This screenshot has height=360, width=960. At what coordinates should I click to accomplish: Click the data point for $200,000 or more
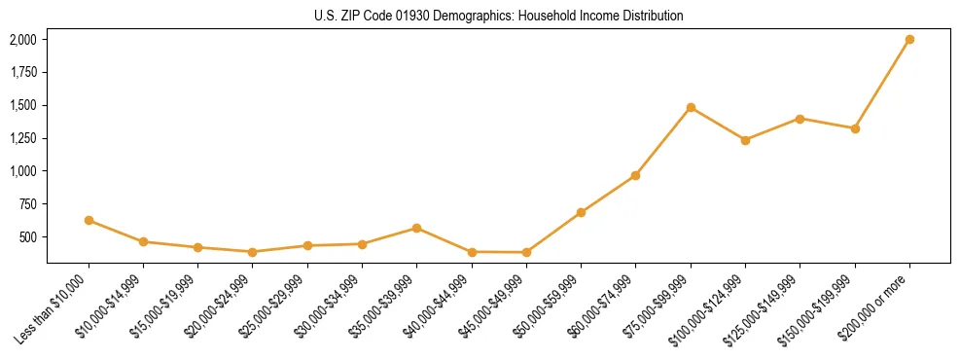coord(909,40)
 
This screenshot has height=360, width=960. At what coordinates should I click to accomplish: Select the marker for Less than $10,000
coord(89,221)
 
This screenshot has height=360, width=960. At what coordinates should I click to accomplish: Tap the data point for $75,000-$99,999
coord(691,107)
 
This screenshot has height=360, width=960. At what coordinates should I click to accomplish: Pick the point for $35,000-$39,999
coord(417,228)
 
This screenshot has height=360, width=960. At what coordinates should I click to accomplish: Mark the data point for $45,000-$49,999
coord(526,253)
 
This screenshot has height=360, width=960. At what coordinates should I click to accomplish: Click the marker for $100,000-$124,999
coord(745,140)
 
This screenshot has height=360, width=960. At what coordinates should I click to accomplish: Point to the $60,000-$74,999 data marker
coord(636,175)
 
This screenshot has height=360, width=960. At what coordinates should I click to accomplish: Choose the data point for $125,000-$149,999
coord(800,119)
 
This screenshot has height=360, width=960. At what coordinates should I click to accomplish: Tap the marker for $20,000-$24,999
coord(253,252)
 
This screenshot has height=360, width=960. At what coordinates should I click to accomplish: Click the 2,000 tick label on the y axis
coord(23,40)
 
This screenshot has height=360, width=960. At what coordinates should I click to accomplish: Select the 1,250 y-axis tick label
coord(23,138)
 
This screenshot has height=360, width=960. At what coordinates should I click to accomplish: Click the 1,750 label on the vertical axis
coord(23,73)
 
